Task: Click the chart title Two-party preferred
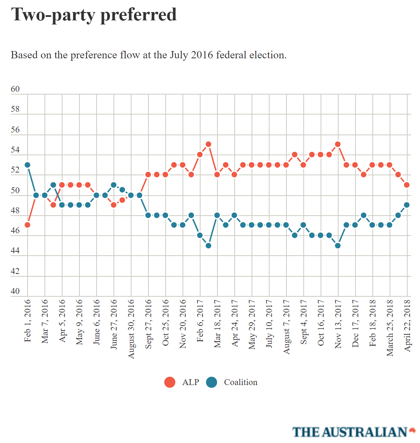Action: point(94,15)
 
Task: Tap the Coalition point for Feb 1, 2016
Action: point(28,165)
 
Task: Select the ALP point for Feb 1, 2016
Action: point(28,225)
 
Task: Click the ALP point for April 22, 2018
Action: point(407,185)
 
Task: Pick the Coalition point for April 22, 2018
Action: point(407,205)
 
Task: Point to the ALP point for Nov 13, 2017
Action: point(338,144)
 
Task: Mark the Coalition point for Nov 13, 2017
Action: point(338,246)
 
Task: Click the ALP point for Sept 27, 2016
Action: point(148,175)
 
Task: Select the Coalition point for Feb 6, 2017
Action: point(200,235)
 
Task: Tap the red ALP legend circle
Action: point(170,382)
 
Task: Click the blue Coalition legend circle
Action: point(212,382)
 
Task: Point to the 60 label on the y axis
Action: point(15,89)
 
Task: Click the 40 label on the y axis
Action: point(15,291)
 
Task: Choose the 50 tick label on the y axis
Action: point(15,190)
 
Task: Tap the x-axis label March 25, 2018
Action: point(390,328)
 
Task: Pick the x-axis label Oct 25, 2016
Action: point(166,323)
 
